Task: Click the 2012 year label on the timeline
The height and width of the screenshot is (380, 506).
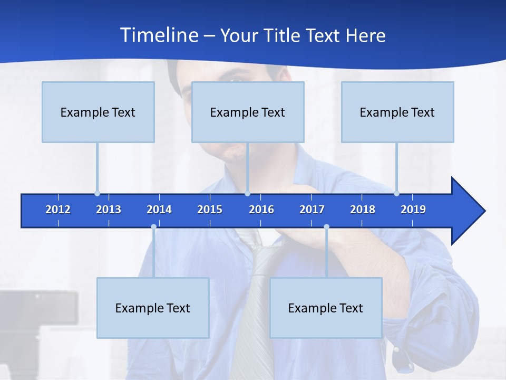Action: point(58,210)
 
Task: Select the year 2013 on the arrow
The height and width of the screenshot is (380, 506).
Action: point(109,210)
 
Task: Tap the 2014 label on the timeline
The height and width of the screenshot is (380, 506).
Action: point(159,210)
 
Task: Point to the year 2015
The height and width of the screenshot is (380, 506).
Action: point(210,210)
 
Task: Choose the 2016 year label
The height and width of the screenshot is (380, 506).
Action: point(261,210)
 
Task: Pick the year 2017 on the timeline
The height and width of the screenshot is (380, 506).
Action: point(312,210)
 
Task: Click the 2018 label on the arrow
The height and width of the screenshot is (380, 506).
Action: point(363,210)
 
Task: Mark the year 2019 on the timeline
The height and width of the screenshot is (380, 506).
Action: point(413,210)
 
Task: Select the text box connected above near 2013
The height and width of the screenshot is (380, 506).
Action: point(98,112)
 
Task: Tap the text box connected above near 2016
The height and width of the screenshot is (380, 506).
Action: point(248,112)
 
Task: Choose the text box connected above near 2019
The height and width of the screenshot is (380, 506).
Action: point(397,112)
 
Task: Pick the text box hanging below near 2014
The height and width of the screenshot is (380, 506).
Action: point(153,308)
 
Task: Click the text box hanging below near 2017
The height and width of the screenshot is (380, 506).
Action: point(326,308)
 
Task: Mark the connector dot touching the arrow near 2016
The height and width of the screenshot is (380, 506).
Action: point(247,194)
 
